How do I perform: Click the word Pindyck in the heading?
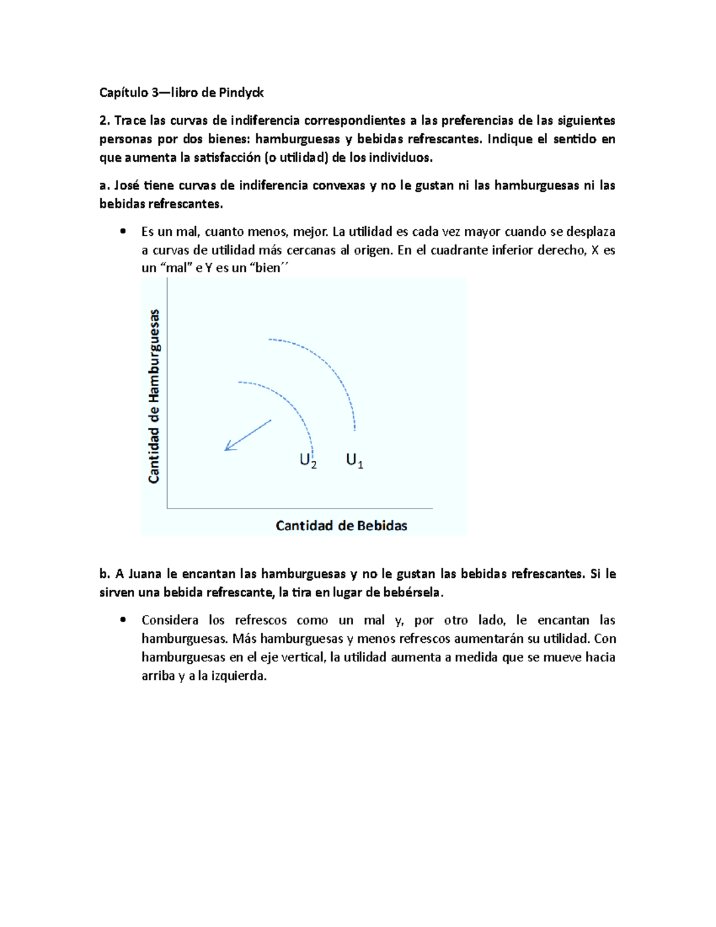point(241,93)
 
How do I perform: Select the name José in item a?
point(126,186)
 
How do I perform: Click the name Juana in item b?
point(144,574)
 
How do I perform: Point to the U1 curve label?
point(354,461)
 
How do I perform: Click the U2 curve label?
point(308,461)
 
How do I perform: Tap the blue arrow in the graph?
point(248,436)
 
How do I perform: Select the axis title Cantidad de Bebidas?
point(341,526)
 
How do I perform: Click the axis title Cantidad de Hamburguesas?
point(155,396)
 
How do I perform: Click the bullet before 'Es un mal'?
point(124,232)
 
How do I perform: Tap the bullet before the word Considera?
point(124,620)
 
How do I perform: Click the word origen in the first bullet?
point(374,250)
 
